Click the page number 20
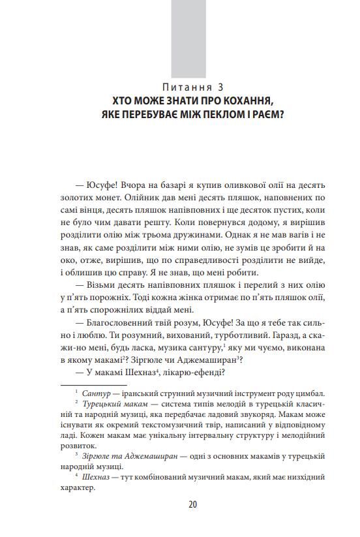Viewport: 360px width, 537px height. click(x=192, y=504)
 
